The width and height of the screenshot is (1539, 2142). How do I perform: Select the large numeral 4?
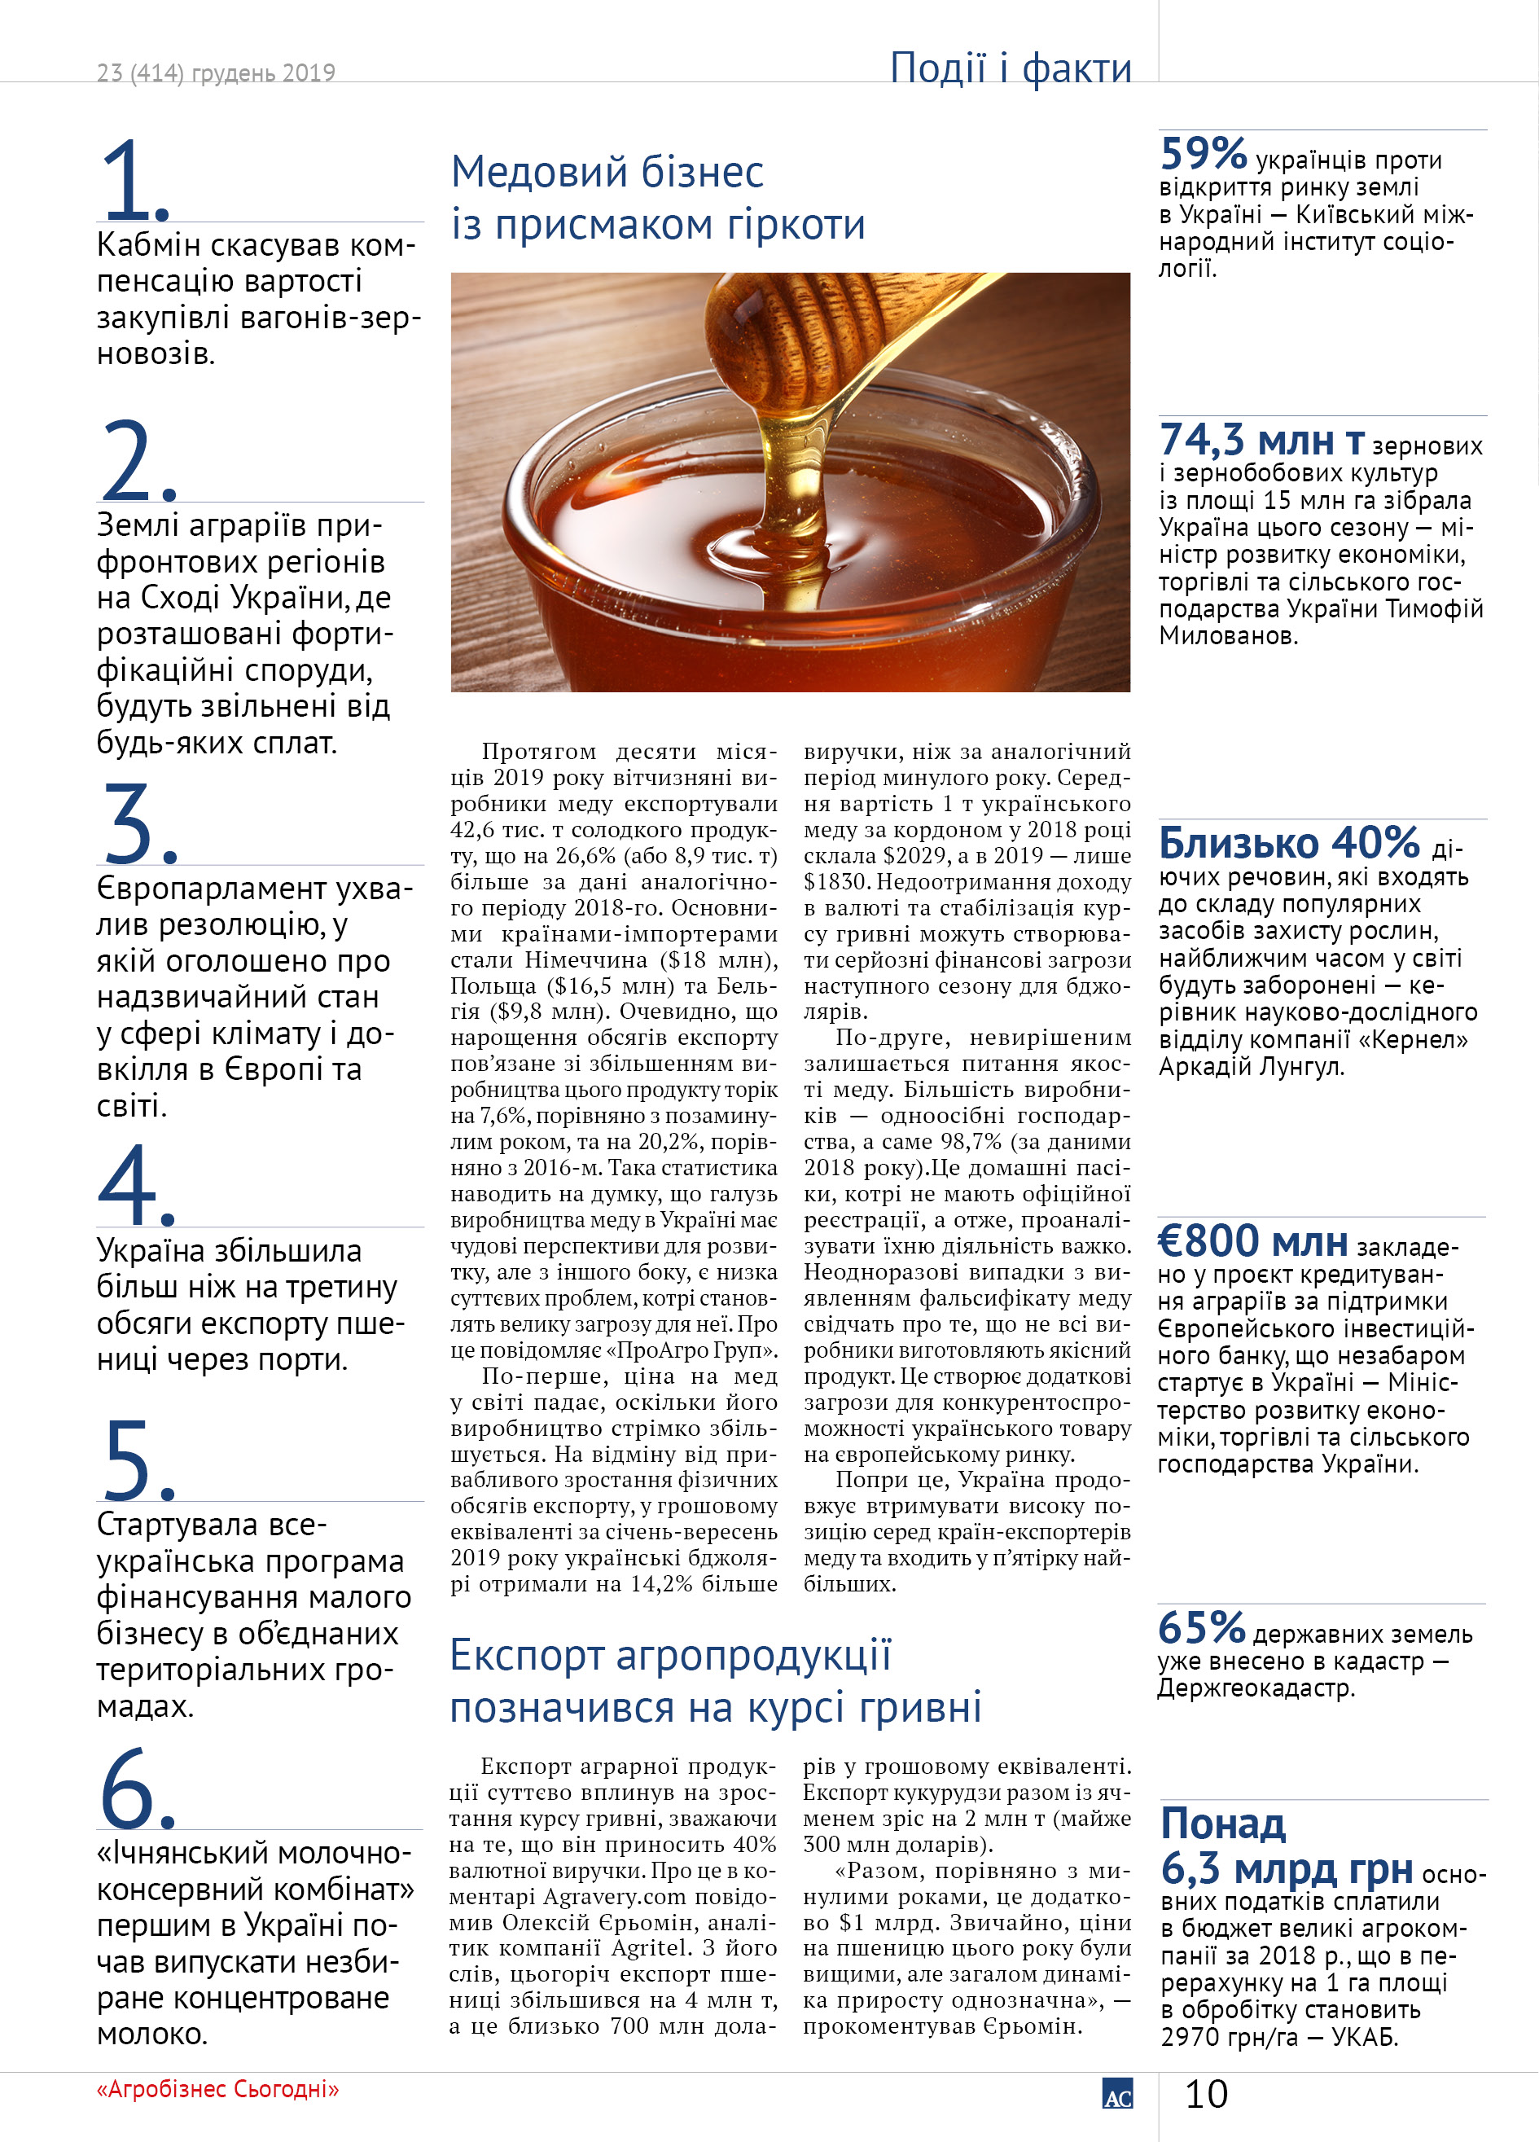coord(135,1184)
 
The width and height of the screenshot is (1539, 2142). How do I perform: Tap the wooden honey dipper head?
coord(756,331)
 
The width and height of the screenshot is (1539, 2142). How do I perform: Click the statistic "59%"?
coord(1204,153)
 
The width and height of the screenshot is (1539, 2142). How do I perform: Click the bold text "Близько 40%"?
coord(1289,842)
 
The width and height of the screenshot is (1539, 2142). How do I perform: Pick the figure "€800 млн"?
coord(1253,1241)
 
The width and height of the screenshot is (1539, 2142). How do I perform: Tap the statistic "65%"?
coord(1201,1627)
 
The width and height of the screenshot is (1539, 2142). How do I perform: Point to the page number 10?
coord(1206,2095)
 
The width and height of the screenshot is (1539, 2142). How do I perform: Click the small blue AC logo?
coord(1117,2094)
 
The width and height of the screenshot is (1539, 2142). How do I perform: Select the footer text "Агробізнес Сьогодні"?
coord(217,2089)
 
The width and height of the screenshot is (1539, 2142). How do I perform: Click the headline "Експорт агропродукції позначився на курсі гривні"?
coord(715,1681)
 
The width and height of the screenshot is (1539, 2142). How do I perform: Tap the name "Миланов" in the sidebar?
coord(1227,635)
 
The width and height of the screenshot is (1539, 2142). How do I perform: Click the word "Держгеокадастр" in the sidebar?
coord(1256,1688)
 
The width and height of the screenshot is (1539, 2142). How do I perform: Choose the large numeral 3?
coord(135,823)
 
